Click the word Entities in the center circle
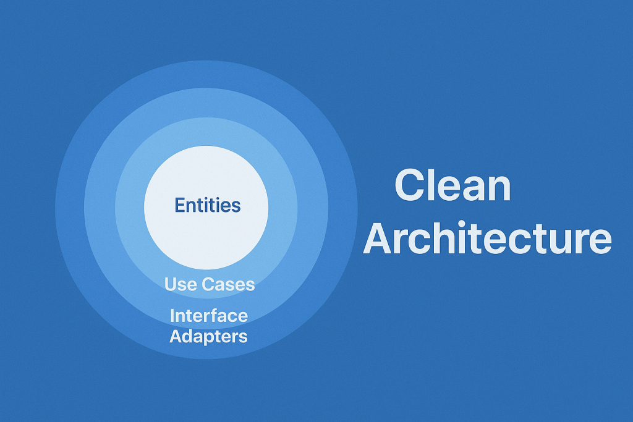[208, 205]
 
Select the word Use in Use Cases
[181, 284]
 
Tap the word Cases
[228, 284]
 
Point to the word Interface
[209, 316]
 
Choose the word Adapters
[208, 337]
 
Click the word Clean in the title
[452, 185]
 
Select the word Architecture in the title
[487, 237]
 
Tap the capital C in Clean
[411, 185]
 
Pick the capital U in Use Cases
[171, 284]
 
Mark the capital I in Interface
[172, 316]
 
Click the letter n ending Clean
[499, 189]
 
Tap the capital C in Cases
[208, 284]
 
